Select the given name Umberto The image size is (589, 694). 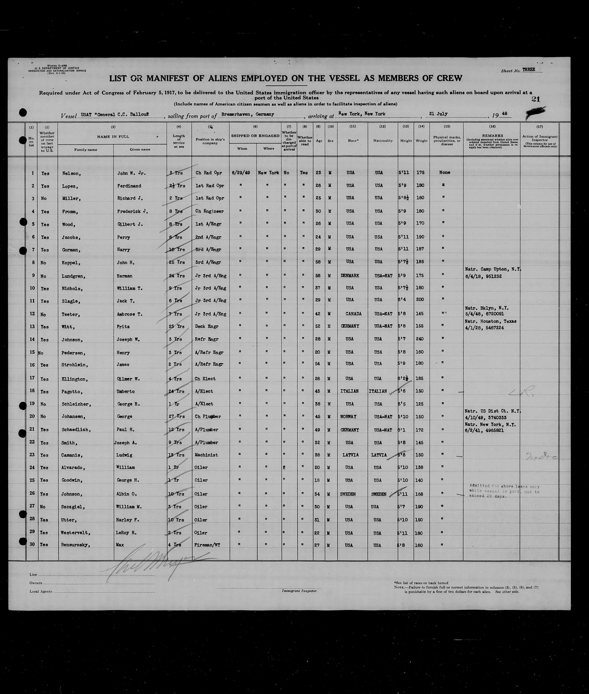coord(126,391)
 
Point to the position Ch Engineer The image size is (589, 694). coord(210,211)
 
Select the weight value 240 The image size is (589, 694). coord(420,339)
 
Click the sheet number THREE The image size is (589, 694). coord(529,70)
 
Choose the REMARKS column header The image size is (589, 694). coord(492,136)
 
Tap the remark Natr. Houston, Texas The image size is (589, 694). coord(490,321)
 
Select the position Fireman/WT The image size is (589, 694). coord(207,545)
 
